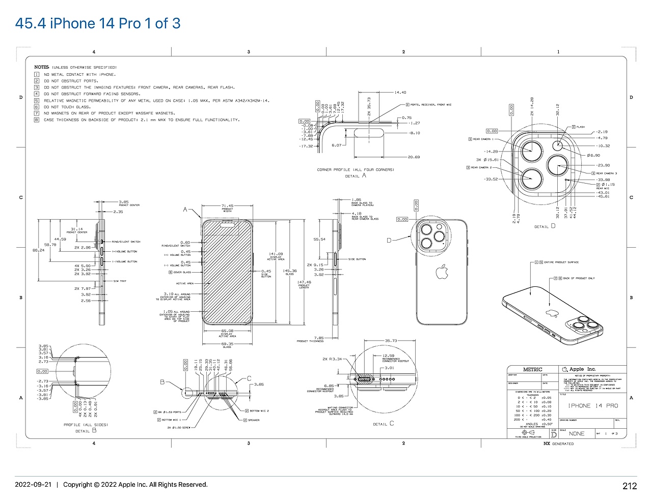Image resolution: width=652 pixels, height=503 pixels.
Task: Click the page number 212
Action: pyautogui.click(x=630, y=486)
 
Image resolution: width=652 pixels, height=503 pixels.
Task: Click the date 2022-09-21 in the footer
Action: pyautogui.click(x=33, y=485)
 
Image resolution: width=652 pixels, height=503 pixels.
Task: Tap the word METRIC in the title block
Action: pyautogui.click(x=533, y=369)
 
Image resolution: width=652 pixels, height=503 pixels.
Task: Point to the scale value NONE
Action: pyautogui.click(x=577, y=434)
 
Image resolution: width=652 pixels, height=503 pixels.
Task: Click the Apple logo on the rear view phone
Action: pyautogui.click(x=441, y=272)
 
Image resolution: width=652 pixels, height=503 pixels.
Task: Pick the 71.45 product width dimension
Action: pyautogui.click(x=227, y=206)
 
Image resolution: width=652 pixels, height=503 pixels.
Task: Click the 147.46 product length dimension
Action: pyautogui.click(x=304, y=282)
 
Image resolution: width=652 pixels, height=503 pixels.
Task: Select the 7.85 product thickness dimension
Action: pyautogui.click(x=319, y=338)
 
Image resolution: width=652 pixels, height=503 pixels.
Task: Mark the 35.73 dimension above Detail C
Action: pyautogui.click(x=391, y=341)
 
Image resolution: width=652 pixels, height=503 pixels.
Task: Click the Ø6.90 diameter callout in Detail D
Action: pyautogui.click(x=593, y=155)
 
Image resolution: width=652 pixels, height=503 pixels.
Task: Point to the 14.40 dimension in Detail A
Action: pyautogui.click(x=400, y=93)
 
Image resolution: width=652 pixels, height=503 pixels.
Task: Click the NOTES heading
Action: pyautogui.click(x=41, y=67)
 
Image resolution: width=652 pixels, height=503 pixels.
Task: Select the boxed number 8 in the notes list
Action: pyautogui.click(x=37, y=120)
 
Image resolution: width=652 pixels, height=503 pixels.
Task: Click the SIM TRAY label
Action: pyautogui.click(x=120, y=281)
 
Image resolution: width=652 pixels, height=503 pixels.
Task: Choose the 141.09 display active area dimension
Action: pyautogui.click(x=276, y=254)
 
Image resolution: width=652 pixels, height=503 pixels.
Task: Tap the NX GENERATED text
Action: pyautogui.click(x=559, y=443)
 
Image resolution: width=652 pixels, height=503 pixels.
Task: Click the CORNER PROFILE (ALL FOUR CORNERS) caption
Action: pyautogui.click(x=355, y=170)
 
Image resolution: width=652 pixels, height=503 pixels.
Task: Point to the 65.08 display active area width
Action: pyautogui.click(x=227, y=331)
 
